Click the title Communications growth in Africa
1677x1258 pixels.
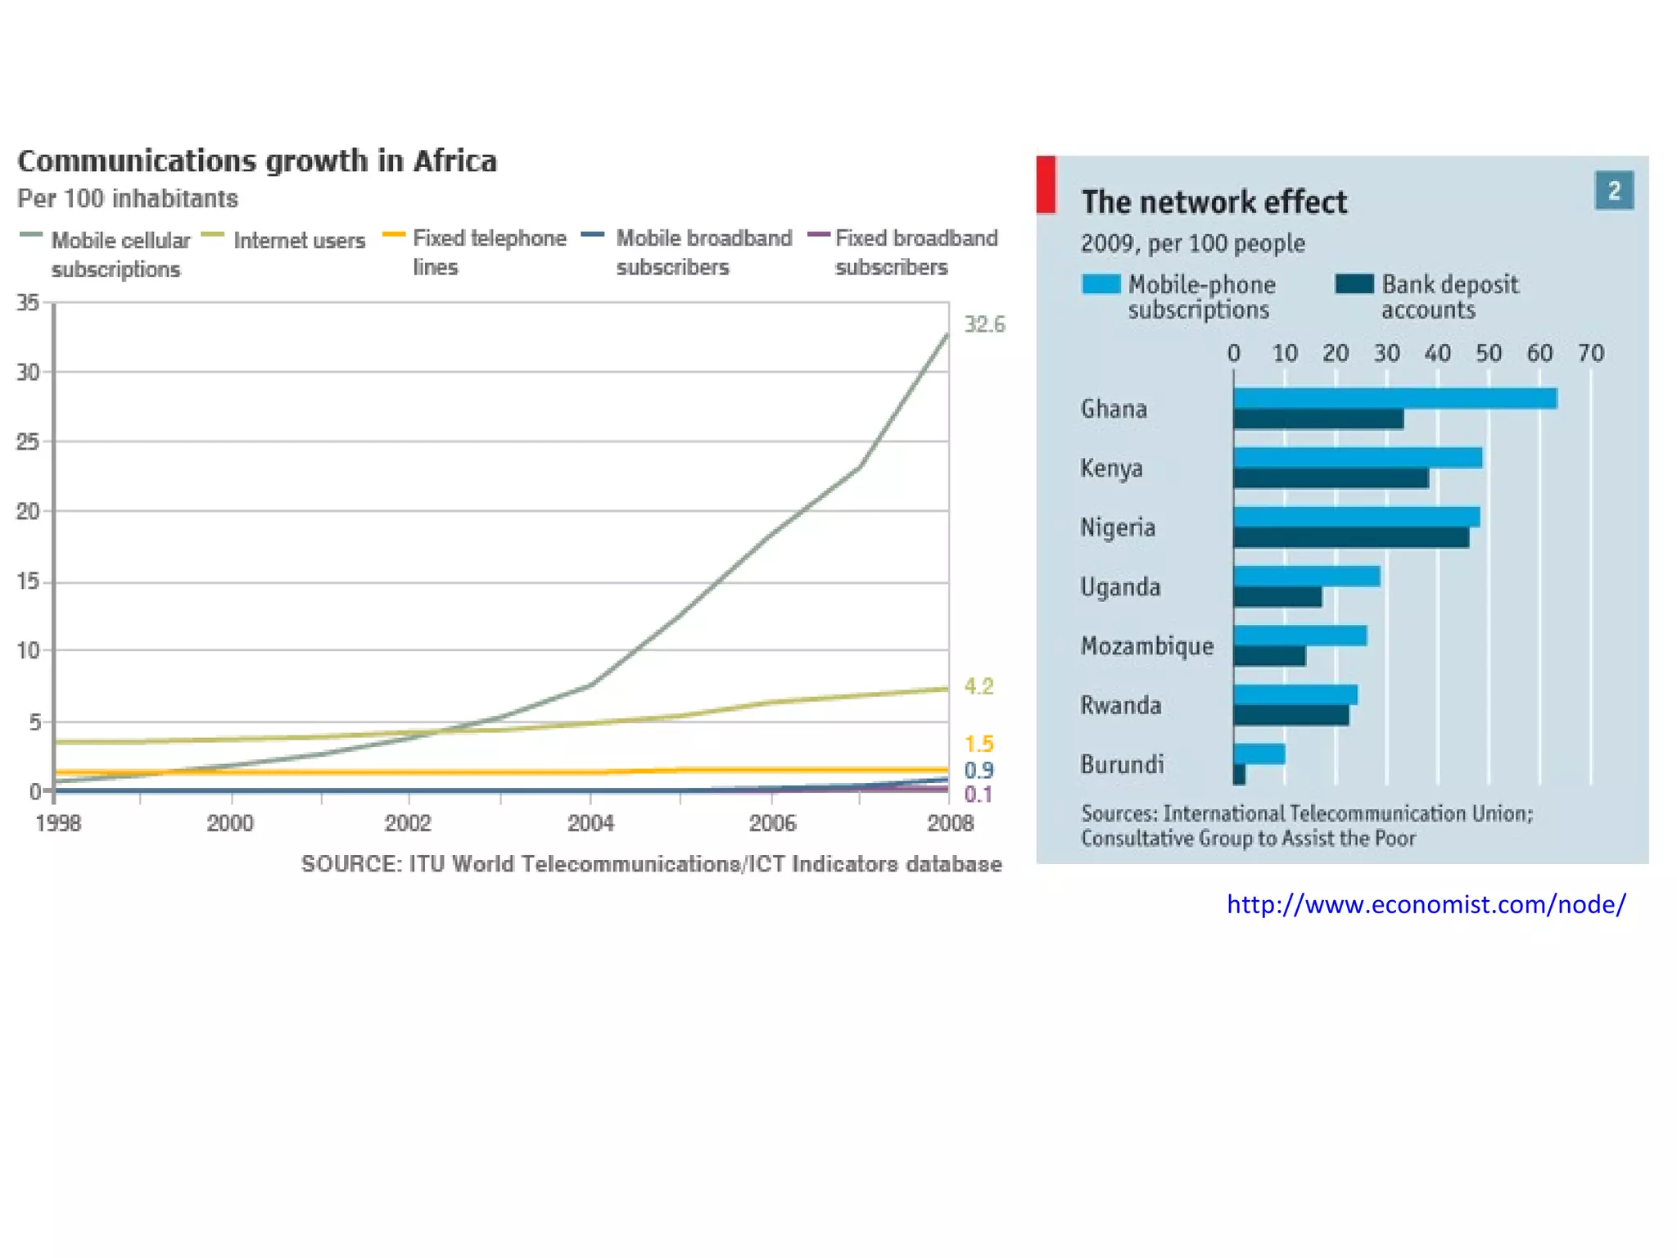pos(257,161)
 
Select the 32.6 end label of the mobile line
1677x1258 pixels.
pos(984,324)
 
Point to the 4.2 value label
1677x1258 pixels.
pos(979,686)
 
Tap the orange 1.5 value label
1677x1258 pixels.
pos(979,744)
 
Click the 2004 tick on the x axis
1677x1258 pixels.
pos(590,822)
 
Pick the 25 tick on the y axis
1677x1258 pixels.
pos(28,442)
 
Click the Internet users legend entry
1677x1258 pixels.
pos(299,241)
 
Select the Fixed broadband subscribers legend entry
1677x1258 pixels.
pos(915,252)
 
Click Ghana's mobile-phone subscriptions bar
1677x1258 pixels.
pos(1394,398)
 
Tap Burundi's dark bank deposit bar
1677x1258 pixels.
pos(1239,774)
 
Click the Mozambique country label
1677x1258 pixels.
pos(1146,646)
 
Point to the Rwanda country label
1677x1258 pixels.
pos(1120,705)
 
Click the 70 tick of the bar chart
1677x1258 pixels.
pos(1590,353)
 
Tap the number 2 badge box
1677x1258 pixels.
pos(1613,191)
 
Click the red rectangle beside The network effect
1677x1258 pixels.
pos(1046,184)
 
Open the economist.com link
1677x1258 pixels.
pos(1426,904)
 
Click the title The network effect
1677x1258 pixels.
pos(1214,202)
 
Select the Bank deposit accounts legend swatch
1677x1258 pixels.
pos(1354,284)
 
